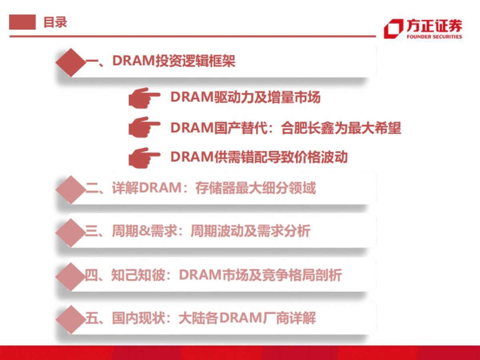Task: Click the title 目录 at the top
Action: pyautogui.click(x=55, y=22)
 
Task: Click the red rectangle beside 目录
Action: pyautogui.click(x=22, y=22)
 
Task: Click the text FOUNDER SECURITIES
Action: pyautogui.click(x=434, y=37)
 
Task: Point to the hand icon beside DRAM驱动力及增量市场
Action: pyautogui.click(x=144, y=97)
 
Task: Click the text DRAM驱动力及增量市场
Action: pyautogui.click(x=245, y=97)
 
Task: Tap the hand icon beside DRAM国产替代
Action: pyautogui.click(x=144, y=127)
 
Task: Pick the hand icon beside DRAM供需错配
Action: pyautogui.click(x=144, y=157)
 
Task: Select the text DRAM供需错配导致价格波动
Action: pyautogui.click(x=259, y=157)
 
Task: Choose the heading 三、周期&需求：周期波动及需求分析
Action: pyautogui.click(x=198, y=231)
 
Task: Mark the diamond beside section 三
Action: pyautogui.click(x=71, y=232)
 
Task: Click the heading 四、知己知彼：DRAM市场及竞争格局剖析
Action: pyautogui.click(x=213, y=275)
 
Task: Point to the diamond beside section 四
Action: pyautogui.click(x=71, y=276)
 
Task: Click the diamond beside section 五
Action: pyautogui.click(x=71, y=319)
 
